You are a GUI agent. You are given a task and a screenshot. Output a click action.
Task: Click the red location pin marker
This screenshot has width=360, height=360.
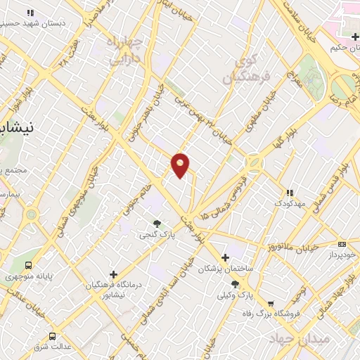(x=181, y=165)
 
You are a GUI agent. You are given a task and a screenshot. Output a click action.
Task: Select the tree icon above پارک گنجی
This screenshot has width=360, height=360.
(x=156, y=224)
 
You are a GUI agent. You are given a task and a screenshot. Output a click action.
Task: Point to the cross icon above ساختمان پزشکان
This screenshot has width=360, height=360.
(x=224, y=257)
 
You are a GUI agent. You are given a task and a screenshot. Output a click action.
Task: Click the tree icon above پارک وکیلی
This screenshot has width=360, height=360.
(x=235, y=284)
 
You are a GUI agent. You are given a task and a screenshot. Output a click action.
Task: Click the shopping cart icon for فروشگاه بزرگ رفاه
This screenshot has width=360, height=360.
(x=271, y=304)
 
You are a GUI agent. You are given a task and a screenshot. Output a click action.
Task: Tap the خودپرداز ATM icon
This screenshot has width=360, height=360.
(x=342, y=243)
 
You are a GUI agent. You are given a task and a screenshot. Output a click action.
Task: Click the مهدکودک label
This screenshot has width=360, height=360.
(x=288, y=203)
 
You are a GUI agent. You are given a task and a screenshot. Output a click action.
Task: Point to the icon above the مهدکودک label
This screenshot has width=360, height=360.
(x=288, y=193)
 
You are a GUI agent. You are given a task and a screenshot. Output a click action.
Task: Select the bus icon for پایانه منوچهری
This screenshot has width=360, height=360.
(x=28, y=265)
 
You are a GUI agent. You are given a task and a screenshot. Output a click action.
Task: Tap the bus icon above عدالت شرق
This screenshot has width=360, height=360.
(x=53, y=336)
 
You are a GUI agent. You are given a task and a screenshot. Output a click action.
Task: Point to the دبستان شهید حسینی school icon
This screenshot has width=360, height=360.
(x=30, y=13)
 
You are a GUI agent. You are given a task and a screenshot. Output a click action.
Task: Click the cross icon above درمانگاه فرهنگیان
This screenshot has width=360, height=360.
(x=113, y=274)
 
